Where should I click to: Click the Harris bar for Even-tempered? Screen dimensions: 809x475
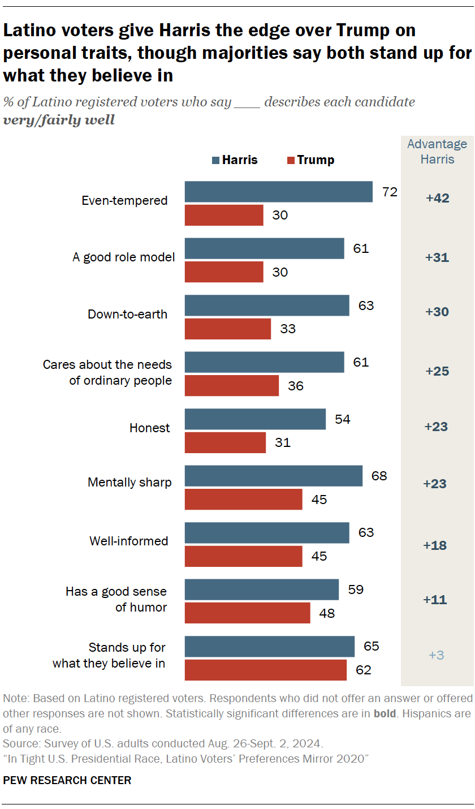point(279,192)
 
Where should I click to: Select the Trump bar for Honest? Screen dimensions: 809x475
point(225,442)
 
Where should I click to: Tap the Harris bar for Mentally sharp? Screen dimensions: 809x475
point(274,476)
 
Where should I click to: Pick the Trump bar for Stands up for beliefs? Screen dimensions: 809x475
point(266,670)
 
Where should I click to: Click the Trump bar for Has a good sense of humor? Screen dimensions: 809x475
point(248,613)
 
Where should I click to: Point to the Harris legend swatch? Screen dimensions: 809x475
point(215,160)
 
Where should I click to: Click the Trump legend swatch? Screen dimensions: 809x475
point(291,160)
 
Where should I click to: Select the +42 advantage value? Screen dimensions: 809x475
point(437,199)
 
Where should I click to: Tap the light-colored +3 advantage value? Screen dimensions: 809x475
point(437,655)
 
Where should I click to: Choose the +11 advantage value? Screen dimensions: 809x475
point(435,600)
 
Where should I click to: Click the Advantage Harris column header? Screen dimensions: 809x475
point(437,152)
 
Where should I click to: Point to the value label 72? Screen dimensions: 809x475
point(390,192)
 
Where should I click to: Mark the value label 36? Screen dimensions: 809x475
point(295,386)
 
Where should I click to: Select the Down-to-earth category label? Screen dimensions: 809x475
point(127,315)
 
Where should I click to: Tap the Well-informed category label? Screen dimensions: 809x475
point(128,541)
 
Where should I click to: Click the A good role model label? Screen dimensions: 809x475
point(123,257)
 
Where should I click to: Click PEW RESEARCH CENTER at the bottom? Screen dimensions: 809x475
point(67,780)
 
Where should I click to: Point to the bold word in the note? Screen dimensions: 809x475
point(384,713)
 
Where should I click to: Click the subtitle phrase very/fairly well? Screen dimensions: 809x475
point(59,120)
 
